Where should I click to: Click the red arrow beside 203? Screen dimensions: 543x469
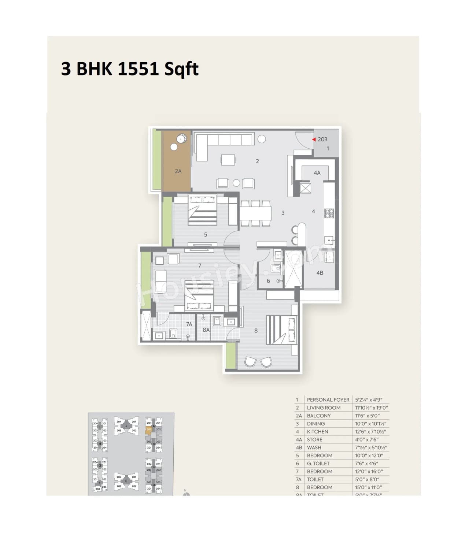[x=314, y=140]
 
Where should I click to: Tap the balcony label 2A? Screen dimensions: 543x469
[x=178, y=171]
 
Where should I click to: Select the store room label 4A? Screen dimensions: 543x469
[x=317, y=172]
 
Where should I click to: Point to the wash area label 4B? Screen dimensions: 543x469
[x=320, y=273]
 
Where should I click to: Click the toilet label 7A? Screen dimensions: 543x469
[x=189, y=324]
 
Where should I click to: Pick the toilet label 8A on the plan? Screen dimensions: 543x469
[x=206, y=330]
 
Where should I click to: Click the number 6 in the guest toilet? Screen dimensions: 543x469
[x=268, y=281]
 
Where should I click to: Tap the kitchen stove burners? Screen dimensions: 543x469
[x=329, y=213]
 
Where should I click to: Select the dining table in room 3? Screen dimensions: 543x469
[x=256, y=213]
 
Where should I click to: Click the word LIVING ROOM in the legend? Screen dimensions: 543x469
[x=324, y=408]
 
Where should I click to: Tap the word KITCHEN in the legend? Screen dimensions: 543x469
[x=317, y=432]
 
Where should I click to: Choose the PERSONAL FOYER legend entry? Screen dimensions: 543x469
[x=328, y=400]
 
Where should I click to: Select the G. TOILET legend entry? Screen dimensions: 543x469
[x=318, y=464]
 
